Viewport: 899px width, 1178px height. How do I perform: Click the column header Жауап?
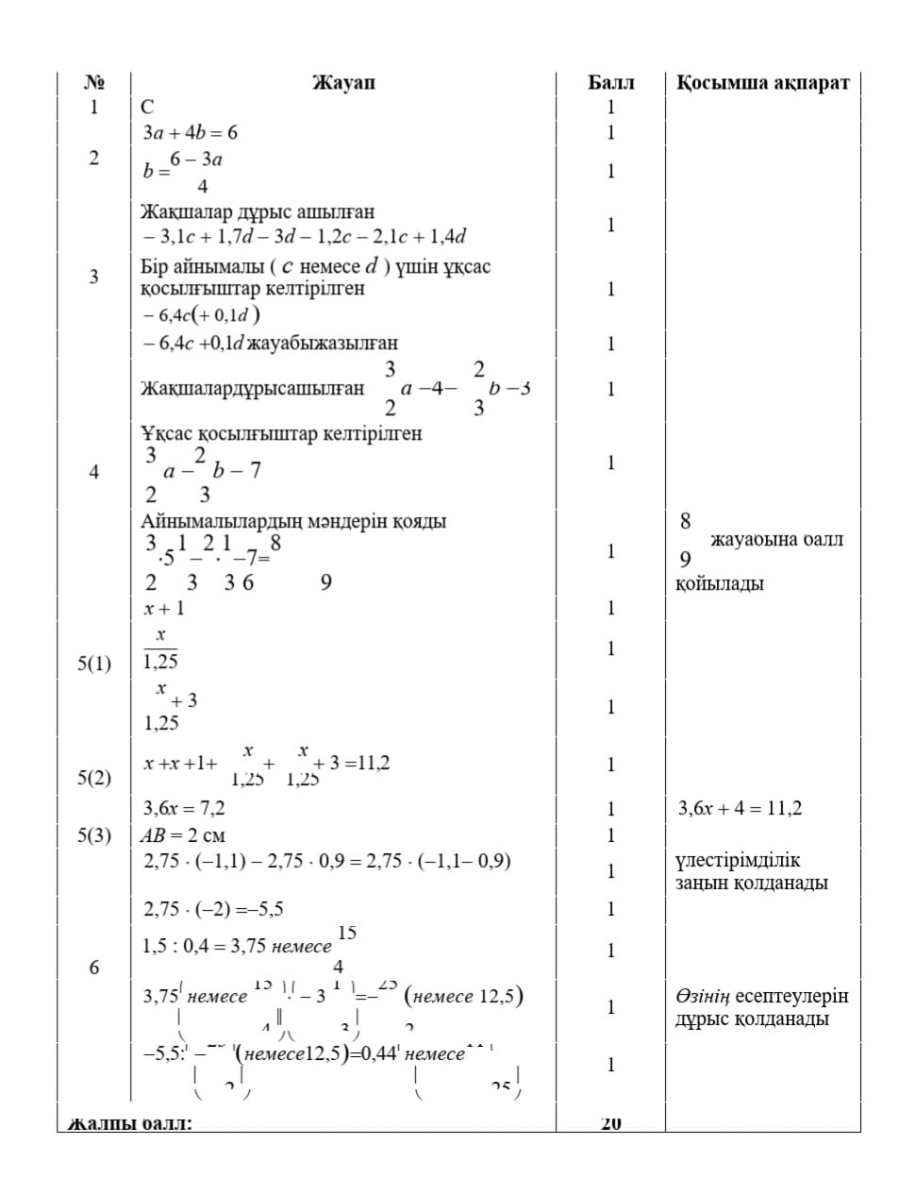pyautogui.click(x=343, y=83)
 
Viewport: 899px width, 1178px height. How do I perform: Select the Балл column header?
pyautogui.click(x=610, y=83)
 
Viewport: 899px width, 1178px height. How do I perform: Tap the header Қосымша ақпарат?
pyautogui.click(x=762, y=83)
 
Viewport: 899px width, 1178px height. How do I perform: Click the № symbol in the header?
pyautogui.click(x=93, y=83)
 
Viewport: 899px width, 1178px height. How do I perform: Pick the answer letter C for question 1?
pyautogui.click(x=147, y=108)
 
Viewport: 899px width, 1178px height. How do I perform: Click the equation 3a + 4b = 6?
pyautogui.click(x=190, y=133)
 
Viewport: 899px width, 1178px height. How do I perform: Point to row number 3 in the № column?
pyautogui.click(x=93, y=277)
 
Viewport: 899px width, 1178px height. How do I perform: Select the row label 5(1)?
pyautogui.click(x=93, y=664)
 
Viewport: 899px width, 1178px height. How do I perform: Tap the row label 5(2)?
pyautogui.click(x=93, y=777)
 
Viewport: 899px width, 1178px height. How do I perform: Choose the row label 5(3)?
pyautogui.click(x=93, y=835)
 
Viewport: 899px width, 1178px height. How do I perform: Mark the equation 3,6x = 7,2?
pyautogui.click(x=184, y=808)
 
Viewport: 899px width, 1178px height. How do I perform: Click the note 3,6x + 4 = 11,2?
pyautogui.click(x=740, y=808)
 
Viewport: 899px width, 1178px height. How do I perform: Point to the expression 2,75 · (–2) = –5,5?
pyautogui.click(x=213, y=909)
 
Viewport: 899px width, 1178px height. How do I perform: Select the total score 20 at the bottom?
pyautogui.click(x=610, y=1123)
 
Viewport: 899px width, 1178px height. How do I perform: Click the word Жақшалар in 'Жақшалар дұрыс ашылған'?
pyautogui.click(x=178, y=211)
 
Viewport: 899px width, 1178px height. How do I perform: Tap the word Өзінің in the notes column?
pyautogui.click(x=702, y=996)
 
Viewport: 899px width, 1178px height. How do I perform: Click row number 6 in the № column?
pyautogui.click(x=93, y=968)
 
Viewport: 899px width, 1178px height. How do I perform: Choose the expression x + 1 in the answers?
pyautogui.click(x=164, y=608)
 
